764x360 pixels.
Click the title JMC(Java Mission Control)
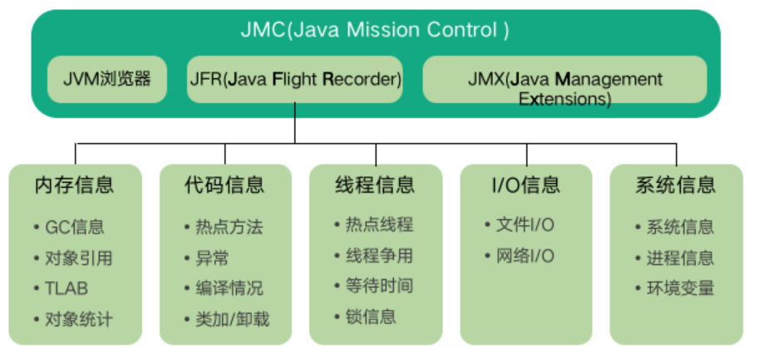[375, 31]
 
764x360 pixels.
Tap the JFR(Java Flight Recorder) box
[294, 80]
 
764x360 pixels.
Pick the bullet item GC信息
[75, 227]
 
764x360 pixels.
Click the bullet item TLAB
[67, 288]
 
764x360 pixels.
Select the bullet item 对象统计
[78, 319]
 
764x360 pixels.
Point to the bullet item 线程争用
[379, 255]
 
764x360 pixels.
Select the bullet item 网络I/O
[525, 255]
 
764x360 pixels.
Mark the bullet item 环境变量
[680, 288]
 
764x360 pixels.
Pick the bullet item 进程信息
[680, 258]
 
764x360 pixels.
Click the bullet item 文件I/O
[525, 225]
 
